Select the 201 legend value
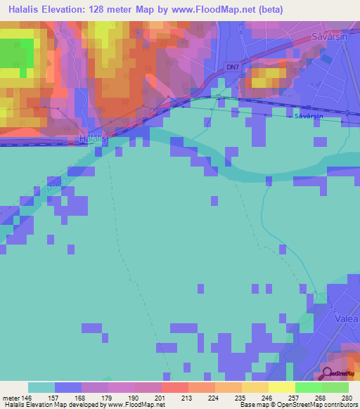point(162,397)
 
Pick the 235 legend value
point(242,397)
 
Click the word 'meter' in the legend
point(10,397)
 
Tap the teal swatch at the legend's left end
point(41,387)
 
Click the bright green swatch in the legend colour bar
point(308,387)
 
